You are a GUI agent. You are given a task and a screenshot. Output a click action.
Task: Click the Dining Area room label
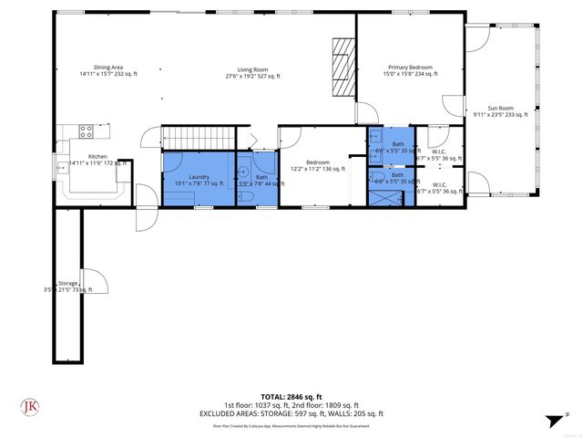(107, 70)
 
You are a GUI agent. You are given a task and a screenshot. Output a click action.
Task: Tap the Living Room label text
(252, 73)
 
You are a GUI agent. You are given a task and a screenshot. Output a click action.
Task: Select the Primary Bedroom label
(409, 70)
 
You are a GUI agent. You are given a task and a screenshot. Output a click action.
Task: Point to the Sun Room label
(500, 110)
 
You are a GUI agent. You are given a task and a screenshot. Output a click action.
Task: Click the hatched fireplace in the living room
(341, 66)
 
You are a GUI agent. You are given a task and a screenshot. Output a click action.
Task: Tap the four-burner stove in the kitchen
(87, 130)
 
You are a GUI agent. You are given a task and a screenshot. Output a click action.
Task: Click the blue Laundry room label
(199, 180)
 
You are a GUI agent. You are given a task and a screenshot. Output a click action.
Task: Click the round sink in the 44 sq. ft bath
(244, 170)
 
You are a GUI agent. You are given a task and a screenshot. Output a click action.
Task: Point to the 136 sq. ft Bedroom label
(317, 165)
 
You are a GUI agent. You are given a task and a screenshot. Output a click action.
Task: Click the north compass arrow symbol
(551, 420)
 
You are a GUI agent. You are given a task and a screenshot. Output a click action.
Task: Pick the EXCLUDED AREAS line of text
(291, 413)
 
